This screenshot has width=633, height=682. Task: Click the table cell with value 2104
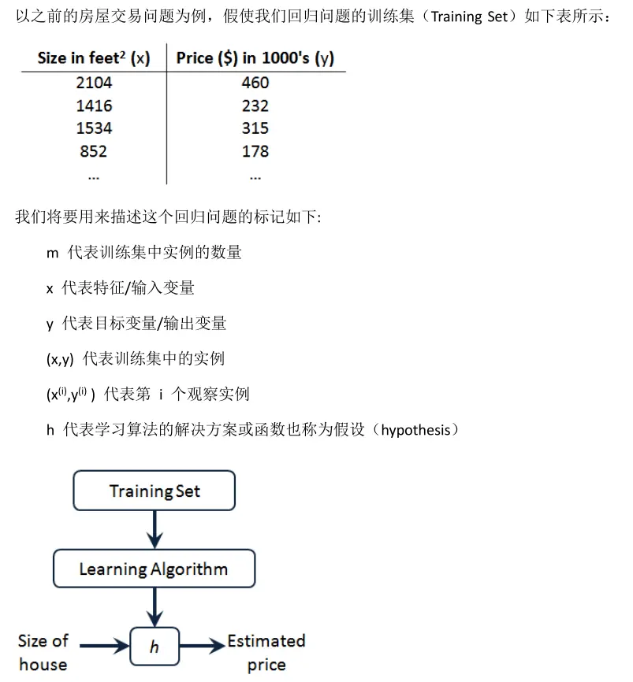click(94, 83)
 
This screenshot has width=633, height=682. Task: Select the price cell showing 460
click(255, 83)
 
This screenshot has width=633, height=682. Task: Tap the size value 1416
click(94, 106)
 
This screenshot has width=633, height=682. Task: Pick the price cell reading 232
click(255, 106)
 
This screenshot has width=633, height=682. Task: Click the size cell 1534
click(94, 128)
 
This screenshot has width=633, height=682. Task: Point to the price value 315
click(255, 128)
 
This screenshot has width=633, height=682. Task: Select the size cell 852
click(94, 151)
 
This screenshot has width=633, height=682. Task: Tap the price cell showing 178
click(255, 151)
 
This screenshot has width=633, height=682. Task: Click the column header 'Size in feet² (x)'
click(94, 58)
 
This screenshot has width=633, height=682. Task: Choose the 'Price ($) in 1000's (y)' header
click(255, 58)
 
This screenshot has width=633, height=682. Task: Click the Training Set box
click(155, 491)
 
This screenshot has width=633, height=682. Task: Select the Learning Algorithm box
click(154, 569)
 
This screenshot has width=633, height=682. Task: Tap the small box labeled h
click(155, 647)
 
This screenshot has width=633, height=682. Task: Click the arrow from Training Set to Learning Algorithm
click(155, 529)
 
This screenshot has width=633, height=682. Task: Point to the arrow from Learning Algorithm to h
click(155, 606)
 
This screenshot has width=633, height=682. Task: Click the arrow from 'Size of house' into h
click(103, 647)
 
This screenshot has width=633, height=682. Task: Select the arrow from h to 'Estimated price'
click(202, 647)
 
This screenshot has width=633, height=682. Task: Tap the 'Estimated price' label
click(266, 653)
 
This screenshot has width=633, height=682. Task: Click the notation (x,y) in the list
click(59, 359)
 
